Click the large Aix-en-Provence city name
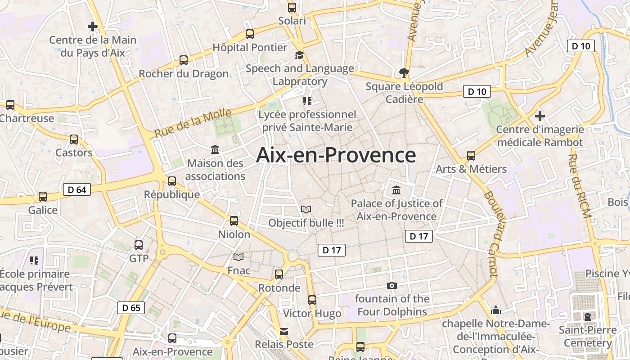point(336,155)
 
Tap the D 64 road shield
point(77,189)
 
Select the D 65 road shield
point(131,308)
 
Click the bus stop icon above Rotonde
point(279,274)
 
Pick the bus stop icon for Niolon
point(234,220)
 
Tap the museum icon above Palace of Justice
point(396,189)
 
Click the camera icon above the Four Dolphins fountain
point(392,285)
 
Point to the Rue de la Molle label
point(193,123)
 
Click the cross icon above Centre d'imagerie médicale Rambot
point(540,116)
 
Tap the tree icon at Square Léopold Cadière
point(404,72)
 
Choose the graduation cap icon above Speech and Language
point(299,55)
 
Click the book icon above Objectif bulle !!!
point(306,209)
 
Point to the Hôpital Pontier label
point(250,47)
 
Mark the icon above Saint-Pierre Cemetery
point(587,316)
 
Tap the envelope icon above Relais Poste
point(284,332)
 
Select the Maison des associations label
point(215,170)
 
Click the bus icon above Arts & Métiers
point(471,156)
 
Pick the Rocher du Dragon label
point(184,73)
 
